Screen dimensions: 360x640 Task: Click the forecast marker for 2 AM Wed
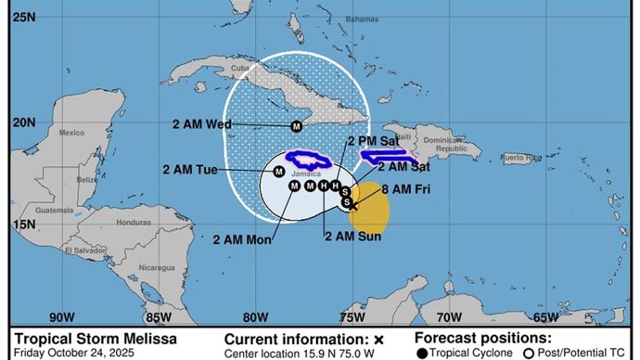click(297, 126)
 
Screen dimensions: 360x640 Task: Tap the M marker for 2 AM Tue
click(278, 171)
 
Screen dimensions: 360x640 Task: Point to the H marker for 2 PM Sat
click(335, 186)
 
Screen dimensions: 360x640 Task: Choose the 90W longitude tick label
click(62, 316)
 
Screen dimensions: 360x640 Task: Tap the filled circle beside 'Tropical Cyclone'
click(421, 354)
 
